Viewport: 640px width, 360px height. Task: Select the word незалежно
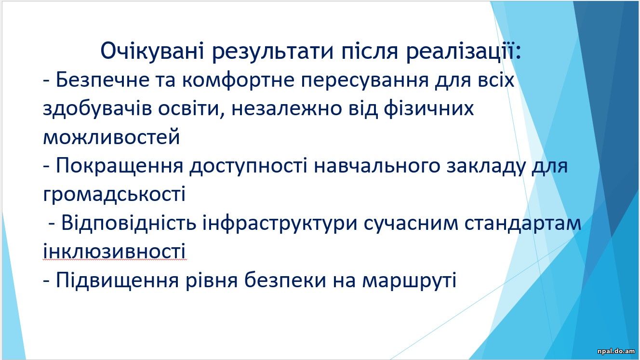click(x=287, y=109)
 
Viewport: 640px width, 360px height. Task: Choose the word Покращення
click(x=120, y=166)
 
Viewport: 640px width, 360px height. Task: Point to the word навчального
click(x=377, y=166)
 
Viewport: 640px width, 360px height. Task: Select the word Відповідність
click(x=129, y=223)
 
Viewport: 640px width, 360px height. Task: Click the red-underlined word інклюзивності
click(x=114, y=251)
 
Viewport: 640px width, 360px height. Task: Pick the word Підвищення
click(x=118, y=280)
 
